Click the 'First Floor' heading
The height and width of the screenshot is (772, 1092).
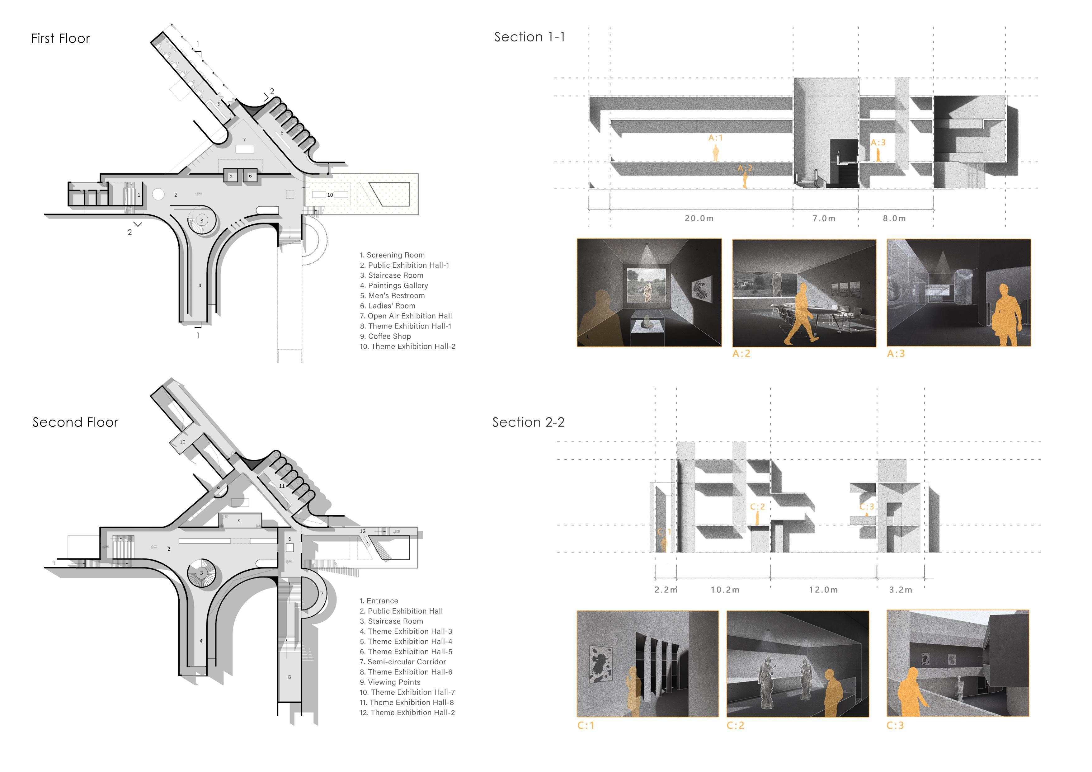tap(60, 39)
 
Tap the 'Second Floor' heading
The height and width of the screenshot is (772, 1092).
tap(75, 422)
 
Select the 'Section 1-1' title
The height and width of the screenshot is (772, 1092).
tap(530, 37)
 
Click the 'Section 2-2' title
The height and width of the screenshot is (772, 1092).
tap(528, 422)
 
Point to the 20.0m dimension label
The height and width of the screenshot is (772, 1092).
tap(699, 218)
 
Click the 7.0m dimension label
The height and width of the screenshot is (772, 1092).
tap(824, 218)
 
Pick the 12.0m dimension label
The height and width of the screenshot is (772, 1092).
tap(823, 590)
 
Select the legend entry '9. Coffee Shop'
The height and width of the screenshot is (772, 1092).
tap(385, 336)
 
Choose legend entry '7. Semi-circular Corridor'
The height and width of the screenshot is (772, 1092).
tap(402, 661)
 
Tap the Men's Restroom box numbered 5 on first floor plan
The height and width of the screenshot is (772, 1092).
tap(231, 176)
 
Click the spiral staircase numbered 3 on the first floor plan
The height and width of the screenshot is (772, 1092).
tap(202, 221)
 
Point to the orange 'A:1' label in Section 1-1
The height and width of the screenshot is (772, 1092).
tap(715, 138)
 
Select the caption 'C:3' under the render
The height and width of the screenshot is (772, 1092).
tap(895, 725)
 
